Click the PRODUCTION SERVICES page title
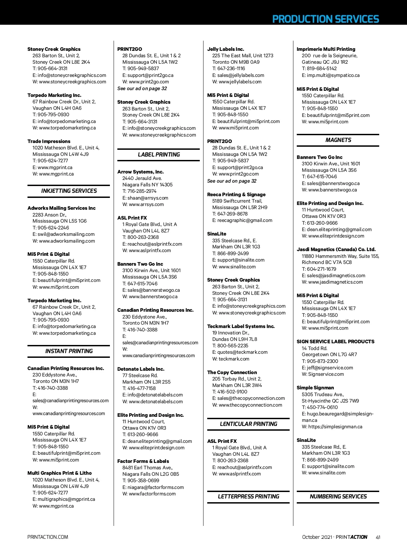325,19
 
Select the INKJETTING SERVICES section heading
69,191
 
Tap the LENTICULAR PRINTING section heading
248,424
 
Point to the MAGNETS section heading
338,140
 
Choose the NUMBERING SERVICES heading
338,496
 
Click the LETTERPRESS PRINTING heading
248,496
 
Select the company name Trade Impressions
49,141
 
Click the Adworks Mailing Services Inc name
61,208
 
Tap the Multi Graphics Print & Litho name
59,473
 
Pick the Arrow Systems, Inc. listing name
140,172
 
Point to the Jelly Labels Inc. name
226,49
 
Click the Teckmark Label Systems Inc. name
241,326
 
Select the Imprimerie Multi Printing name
326,49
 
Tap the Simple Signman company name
315,388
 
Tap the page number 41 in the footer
378,537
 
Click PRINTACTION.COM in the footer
48,537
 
